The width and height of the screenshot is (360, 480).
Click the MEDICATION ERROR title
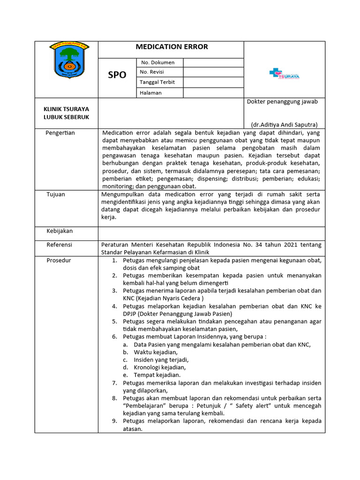coord(172,47)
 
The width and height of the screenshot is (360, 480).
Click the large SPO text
coord(117,75)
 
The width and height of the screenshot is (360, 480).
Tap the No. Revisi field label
coord(152,72)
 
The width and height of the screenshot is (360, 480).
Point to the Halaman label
coord(150,93)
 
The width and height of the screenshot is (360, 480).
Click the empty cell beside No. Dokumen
coord(213,62)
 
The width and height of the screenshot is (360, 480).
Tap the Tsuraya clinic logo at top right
coord(284,74)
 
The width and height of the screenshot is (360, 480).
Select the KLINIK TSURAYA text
coord(66,109)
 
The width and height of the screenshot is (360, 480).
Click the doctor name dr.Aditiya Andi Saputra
coord(284,125)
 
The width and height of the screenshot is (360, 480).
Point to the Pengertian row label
coord(60,133)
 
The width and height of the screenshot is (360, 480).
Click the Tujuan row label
coord(56,194)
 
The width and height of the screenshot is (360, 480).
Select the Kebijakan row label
coord(60,231)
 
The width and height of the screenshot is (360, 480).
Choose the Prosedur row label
coord(59,260)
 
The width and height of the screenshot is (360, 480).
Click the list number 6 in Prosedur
coord(114,337)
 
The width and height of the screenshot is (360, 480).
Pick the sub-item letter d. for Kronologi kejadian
coord(125,367)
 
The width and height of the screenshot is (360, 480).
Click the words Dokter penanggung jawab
coord(282,102)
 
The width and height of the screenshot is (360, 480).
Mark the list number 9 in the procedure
coord(114,421)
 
